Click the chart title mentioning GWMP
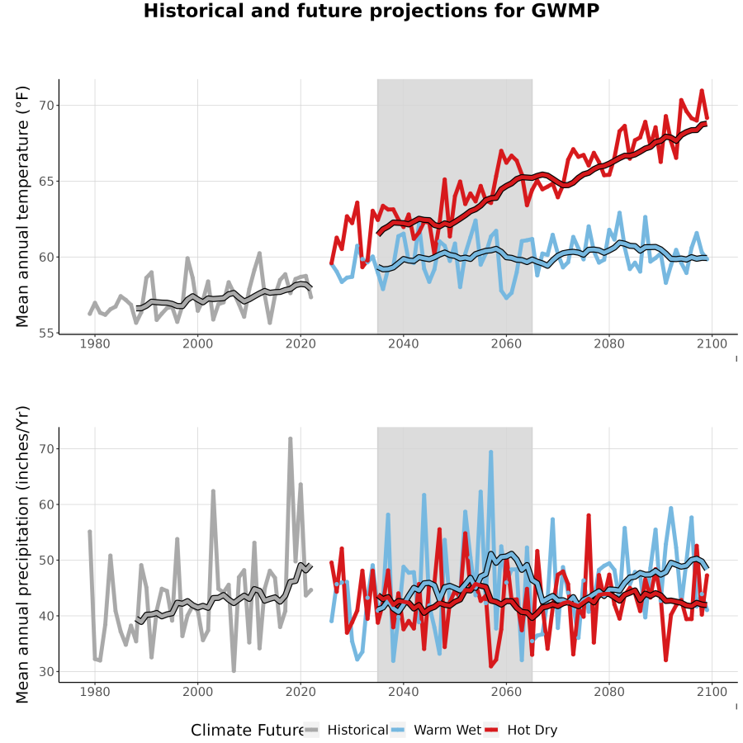click(x=371, y=11)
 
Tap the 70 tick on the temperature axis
click(x=46, y=105)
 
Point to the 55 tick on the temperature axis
click(x=46, y=334)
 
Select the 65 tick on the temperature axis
click(x=46, y=182)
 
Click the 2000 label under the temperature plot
click(x=197, y=343)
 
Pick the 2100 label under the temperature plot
click(x=712, y=343)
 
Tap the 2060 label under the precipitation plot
click(x=506, y=692)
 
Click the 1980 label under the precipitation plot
click(x=95, y=692)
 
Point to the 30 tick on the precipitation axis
click(x=46, y=672)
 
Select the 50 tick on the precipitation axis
click(x=46, y=560)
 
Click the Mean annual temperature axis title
click(x=22, y=206)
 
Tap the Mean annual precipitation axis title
click(x=22, y=555)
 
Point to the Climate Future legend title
click(x=248, y=730)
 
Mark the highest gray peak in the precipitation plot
click(x=290, y=439)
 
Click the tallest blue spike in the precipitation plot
click(x=491, y=452)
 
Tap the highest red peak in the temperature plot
click(x=702, y=91)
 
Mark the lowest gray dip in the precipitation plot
click(x=234, y=670)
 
